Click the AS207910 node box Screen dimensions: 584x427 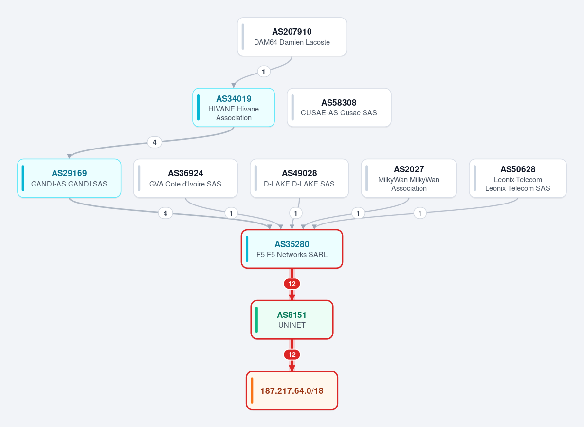click(292, 37)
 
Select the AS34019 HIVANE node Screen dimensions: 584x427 click(234, 108)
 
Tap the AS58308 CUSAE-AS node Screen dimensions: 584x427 click(339, 108)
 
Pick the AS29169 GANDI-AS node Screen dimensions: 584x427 click(69, 178)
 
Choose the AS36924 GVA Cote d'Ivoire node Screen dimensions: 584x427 click(185, 178)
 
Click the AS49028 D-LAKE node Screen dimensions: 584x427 click(299, 178)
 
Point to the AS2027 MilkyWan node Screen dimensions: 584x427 click(409, 178)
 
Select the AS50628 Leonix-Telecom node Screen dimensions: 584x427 click(518, 178)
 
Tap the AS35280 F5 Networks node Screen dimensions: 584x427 click(292, 249)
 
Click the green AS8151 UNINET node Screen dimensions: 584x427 click(292, 320)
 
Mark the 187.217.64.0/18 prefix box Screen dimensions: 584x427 click(292, 390)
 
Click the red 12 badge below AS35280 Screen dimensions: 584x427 click(292, 284)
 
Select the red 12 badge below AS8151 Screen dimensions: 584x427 click(292, 354)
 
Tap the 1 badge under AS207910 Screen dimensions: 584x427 click(264, 72)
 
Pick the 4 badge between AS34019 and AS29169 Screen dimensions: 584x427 click(155, 142)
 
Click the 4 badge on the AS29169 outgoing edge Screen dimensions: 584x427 click(165, 213)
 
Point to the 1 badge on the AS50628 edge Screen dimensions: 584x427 click(420, 213)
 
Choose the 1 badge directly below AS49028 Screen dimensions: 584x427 click(296, 213)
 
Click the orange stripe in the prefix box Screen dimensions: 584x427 click(252, 390)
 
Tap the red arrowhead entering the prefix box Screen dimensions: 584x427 click(292, 368)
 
